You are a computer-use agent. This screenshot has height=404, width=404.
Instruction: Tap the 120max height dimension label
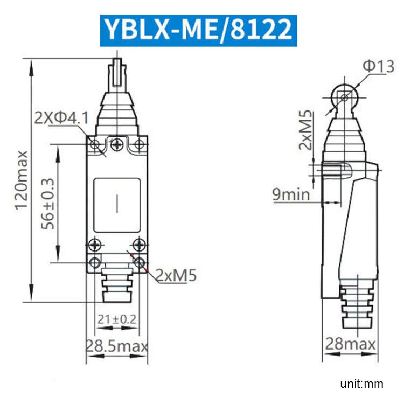coord(20,180)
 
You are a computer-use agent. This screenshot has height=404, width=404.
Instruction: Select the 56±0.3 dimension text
coord(48,203)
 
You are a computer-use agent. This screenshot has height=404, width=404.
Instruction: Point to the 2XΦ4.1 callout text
coord(61,118)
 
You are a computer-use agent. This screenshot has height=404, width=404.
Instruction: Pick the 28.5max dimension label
coord(117,345)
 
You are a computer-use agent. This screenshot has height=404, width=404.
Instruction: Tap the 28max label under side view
coord(350,343)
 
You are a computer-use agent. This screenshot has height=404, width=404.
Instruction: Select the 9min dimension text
coord(291,194)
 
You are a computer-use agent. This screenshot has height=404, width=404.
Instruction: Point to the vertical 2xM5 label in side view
coord(306,130)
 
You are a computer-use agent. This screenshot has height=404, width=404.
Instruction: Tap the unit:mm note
coord(361,384)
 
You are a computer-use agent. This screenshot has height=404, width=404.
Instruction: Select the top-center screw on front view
coord(117,143)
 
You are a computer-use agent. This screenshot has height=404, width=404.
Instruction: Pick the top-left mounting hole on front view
coord(95,144)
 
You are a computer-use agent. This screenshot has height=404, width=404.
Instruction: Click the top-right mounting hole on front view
coord(139,144)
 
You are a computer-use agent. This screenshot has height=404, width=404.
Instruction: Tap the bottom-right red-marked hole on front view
coord(140,262)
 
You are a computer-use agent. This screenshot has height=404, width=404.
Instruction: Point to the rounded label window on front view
coord(117,205)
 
